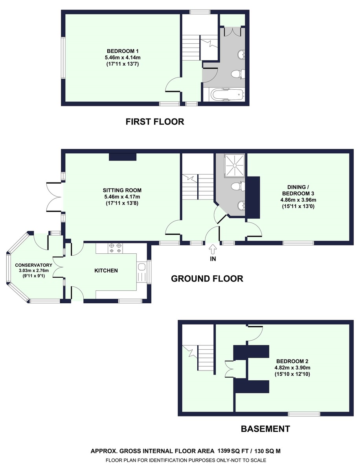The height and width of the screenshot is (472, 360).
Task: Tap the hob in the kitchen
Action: click(116, 248)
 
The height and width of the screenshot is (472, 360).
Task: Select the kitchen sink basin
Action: click(142, 267)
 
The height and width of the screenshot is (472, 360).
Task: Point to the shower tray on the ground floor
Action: click(235, 166)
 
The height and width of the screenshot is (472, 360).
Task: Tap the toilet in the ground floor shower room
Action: click(238, 186)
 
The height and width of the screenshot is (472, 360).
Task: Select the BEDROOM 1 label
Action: click(123, 51)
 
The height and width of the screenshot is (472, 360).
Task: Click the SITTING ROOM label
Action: click(122, 190)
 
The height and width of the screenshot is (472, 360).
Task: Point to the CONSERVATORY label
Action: click(33, 265)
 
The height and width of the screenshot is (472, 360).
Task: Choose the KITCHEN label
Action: click(106, 270)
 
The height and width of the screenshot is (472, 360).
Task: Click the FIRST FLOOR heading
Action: click(155, 122)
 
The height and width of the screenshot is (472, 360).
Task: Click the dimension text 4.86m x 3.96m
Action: click(298, 200)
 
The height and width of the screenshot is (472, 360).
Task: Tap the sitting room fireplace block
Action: click(123, 157)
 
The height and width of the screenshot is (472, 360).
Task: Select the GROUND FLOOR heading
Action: click(207, 278)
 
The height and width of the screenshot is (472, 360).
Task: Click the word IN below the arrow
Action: click(213, 259)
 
